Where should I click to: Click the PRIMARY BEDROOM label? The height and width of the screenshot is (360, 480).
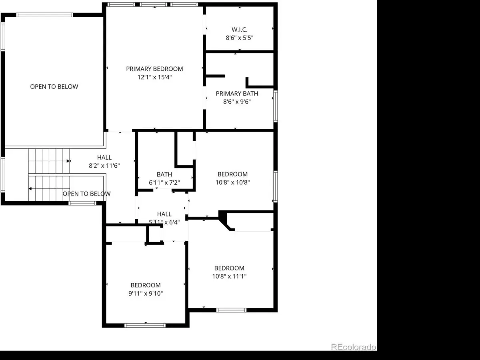coord(154,69)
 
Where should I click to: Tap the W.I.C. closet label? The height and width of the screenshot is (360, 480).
coord(240,30)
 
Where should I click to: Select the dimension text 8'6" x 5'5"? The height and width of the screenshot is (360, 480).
coord(240,38)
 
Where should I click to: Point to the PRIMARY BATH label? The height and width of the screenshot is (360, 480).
coord(237,94)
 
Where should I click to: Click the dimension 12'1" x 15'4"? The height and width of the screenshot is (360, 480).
coord(154,77)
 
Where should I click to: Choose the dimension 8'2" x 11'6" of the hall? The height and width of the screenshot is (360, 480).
coord(104,166)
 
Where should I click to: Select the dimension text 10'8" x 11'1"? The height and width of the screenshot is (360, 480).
coord(229,276)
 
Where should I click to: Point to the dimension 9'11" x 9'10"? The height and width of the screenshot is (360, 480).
coord(146,293)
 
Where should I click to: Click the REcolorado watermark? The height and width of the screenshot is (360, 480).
coord(353,347)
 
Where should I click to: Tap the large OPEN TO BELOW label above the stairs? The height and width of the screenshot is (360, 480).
coord(54,86)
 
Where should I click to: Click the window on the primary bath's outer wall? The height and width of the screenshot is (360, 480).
coord(276,106)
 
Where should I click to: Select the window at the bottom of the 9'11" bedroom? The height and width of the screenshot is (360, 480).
coord(145,326)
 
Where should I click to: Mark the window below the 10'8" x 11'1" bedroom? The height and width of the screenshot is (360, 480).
coord(231,310)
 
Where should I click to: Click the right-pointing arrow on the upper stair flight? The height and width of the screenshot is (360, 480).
coord(68,161)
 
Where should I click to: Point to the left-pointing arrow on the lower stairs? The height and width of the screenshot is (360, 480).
coord(30,189)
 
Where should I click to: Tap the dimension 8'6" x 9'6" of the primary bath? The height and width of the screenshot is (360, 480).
coord(237,102)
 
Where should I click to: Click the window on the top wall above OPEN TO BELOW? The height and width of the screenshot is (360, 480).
coord(45,15)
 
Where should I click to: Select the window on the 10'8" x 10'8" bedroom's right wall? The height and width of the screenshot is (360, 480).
coord(276,187)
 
